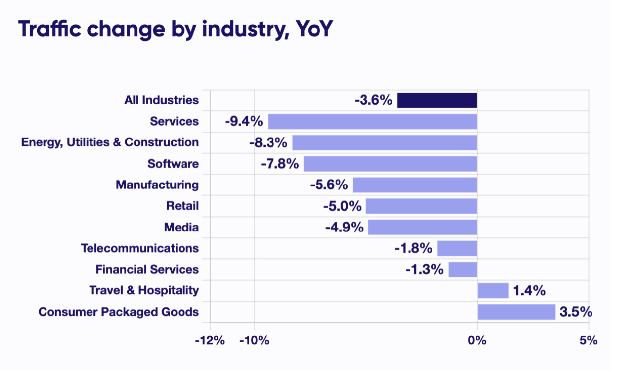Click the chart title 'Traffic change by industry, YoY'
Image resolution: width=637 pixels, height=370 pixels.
pyautogui.click(x=176, y=30)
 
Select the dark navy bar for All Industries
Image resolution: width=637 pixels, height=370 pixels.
pyautogui.click(x=437, y=100)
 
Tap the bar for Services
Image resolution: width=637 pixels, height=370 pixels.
pyautogui.click(x=372, y=122)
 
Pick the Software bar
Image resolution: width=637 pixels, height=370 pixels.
pyautogui.click(x=390, y=164)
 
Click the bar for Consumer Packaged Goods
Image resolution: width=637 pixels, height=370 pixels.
pyautogui.click(x=516, y=312)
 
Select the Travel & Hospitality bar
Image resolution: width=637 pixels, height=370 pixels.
pyautogui.click(x=493, y=291)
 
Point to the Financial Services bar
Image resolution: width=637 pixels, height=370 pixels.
pyautogui.click(x=463, y=270)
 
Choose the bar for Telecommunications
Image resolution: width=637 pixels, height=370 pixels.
pyautogui.click(x=457, y=248)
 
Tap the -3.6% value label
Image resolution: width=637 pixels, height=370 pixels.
pyautogui.click(x=373, y=100)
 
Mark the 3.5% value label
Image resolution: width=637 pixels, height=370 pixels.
pyautogui.click(x=576, y=312)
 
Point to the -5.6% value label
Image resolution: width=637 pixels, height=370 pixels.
pyautogui.click(x=329, y=185)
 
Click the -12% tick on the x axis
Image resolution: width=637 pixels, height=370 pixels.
pyautogui.click(x=210, y=340)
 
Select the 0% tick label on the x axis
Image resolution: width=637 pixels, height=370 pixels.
pyautogui.click(x=477, y=340)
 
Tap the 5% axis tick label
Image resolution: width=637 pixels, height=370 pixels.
pyautogui.click(x=589, y=340)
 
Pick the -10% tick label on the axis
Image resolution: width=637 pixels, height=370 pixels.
pyautogui.click(x=255, y=340)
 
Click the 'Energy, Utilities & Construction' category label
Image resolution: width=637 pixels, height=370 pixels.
pyautogui.click(x=110, y=142)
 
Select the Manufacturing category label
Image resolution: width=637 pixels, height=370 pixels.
pyautogui.click(x=157, y=185)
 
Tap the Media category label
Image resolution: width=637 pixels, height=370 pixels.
pyautogui.click(x=182, y=228)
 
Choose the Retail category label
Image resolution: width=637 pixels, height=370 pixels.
pyautogui.click(x=182, y=206)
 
